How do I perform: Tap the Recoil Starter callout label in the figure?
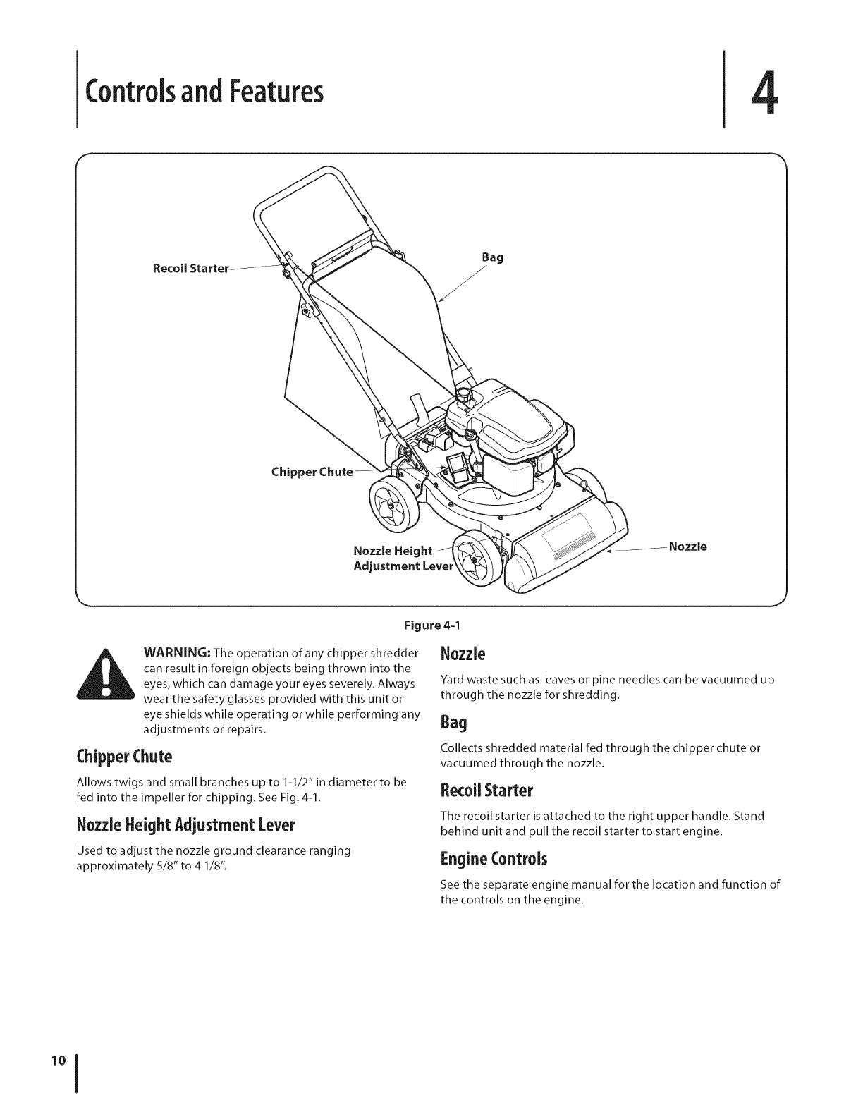coord(191,269)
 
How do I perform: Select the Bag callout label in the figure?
coord(492,258)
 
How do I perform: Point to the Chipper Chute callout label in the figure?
coord(311,472)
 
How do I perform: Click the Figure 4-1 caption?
coord(431,625)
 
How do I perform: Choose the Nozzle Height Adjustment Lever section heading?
coord(185,825)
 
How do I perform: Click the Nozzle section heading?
coord(463,654)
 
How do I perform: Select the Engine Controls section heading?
coord(493,859)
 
